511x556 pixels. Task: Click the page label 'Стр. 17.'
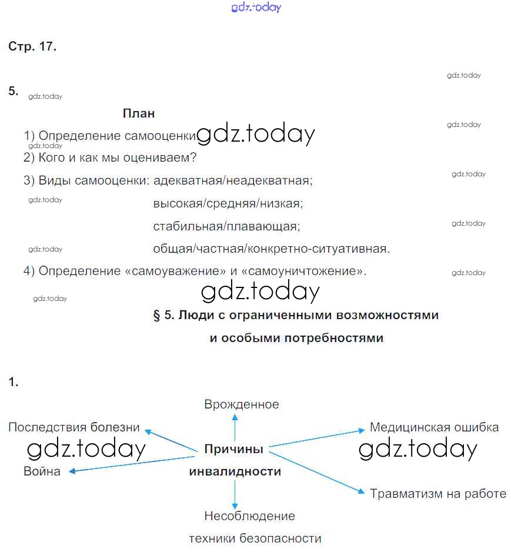click(x=32, y=47)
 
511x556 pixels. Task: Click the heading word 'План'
click(x=139, y=113)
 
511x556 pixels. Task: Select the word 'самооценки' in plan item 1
click(x=160, y=136)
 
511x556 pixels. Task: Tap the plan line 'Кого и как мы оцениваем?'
click(x=117, y=158)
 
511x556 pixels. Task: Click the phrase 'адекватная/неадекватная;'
click(x=233, y=180)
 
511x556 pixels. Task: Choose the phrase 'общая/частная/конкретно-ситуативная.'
click(x=271, y=249)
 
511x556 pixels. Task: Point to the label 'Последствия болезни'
click(x=74, y=427)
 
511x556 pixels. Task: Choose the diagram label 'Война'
click(x=42, y=471)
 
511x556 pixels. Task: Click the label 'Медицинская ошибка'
click(x=434, y=427)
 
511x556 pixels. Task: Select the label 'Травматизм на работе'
click(x=438, y=494)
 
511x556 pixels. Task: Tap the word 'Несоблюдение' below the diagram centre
click(x=250, y=516)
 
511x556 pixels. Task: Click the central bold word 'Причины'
click(x=233, y=449)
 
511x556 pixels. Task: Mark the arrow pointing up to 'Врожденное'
click(x=235, y=426)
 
